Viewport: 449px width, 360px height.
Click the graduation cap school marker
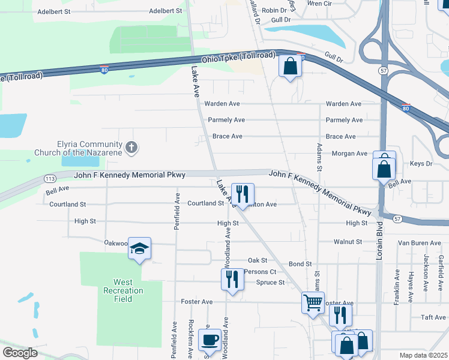pos(139,249)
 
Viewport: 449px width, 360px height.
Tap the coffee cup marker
pos(209,340)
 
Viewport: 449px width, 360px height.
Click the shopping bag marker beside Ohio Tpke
pos(290,67)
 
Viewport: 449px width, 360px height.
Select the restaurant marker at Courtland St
pos(243,193)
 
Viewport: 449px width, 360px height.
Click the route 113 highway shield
pos(50,178)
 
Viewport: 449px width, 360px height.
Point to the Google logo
pos(20,353)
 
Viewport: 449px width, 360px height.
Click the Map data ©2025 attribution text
pos(423,355)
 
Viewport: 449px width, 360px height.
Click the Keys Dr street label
pos(421,163)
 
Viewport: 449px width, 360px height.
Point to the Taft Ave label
pos(433,317)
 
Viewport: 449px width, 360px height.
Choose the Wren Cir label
pos(319,3)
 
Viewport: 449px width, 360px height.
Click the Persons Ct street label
pos(261,272)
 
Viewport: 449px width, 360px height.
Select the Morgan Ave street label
pos(349,154)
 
